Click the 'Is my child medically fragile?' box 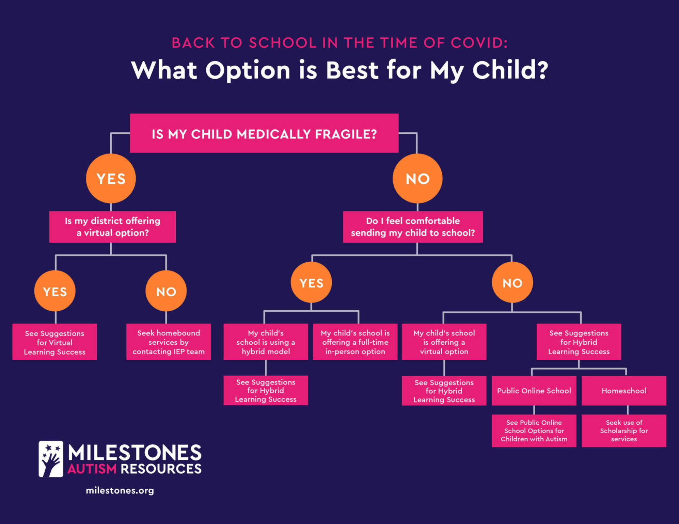264,133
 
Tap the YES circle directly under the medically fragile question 111,178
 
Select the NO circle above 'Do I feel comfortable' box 417,178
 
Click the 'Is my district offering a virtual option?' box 112,227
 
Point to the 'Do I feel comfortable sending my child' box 413,227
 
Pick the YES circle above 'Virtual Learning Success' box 55,291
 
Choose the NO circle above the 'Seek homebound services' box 166,291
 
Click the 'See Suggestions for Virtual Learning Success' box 54,342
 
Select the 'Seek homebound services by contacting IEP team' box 169,342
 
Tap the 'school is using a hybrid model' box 266,342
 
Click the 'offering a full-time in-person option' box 355,342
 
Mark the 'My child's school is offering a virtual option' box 444,342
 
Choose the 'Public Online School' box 534,391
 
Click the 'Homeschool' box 624,391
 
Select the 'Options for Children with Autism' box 534,431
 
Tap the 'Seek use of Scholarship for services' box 624,431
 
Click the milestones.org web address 120,490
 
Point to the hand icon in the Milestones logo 51,459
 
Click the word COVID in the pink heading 479,43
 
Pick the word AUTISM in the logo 92,469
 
